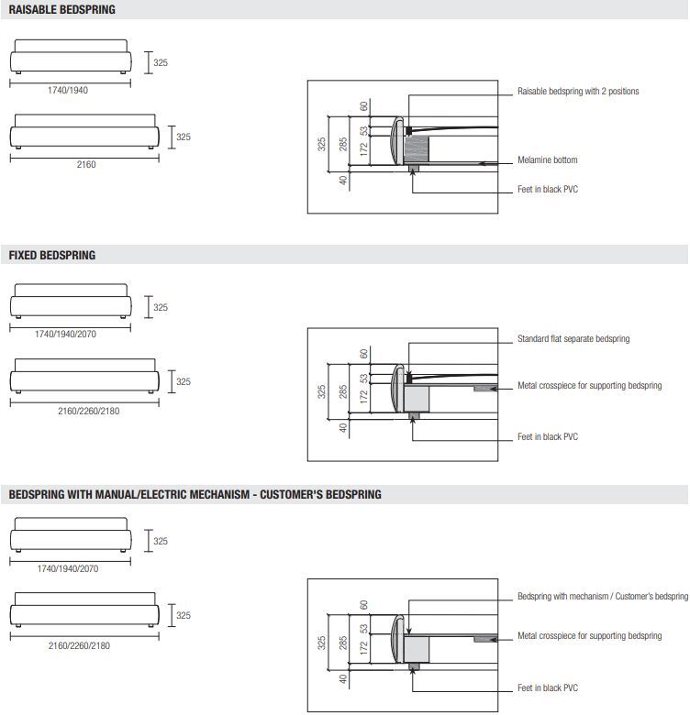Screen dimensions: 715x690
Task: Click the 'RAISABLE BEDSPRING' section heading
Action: click(x=62, y=10)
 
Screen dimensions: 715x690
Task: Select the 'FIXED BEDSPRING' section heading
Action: click(x=52, y=255)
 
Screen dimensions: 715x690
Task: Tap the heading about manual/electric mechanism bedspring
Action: click(x=195, y=494)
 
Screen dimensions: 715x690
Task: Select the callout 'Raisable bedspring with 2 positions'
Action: click(x=578, y=92)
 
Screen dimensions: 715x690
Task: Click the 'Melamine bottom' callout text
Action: click(x=548, y=160)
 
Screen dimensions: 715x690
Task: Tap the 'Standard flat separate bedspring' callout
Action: click(x=573, y=339)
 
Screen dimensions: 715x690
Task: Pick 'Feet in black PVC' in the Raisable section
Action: click(x=548, y=190)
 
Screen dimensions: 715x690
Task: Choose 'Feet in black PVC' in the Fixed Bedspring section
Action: click(x=548, y=437)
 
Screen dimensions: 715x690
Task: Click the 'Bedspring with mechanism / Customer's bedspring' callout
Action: click(x=602, y=597)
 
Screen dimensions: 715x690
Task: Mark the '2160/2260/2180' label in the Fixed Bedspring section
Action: click(x=88, y=411)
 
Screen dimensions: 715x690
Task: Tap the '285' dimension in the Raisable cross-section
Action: click(x=343, y=144)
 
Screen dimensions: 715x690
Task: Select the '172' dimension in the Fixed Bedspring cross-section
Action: click(x=363, y=397)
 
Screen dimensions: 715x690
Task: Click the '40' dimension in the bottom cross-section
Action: click(x=343, y=679)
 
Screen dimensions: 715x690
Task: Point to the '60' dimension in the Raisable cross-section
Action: click(x=363, y=106)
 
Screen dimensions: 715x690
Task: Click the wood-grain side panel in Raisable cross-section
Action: click(x=419, y=149)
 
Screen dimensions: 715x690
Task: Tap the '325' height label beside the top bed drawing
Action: click(x=161, y=63)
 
